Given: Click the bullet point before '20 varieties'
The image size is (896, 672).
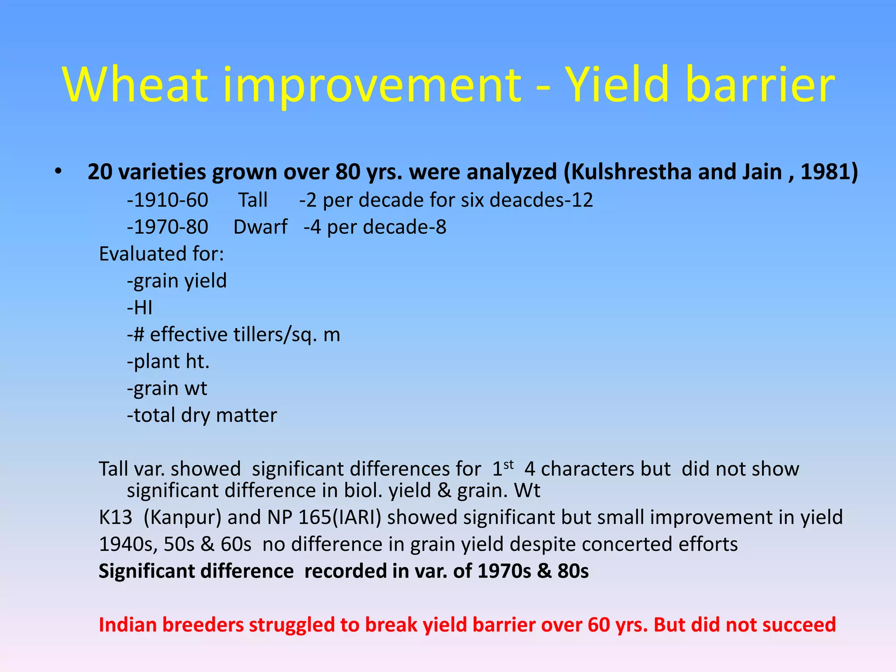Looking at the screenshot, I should (x=58, y=171).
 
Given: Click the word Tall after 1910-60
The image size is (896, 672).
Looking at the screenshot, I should (x=253, y=200).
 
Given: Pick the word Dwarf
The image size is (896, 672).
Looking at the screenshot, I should (x=260, y=227).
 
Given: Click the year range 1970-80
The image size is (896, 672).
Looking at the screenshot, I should (x=168, y=227).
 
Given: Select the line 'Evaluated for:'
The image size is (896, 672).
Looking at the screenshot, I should (x=161, y=254).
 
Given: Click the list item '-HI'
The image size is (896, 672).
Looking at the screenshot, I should (x=140, y=308).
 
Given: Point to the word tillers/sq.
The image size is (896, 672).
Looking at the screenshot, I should (x=275, y=335).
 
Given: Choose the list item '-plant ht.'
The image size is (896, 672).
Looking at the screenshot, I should (x=168, y=362).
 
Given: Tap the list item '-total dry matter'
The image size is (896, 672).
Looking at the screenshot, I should (x=202, y=415).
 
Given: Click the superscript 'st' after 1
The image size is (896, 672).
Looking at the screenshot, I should (x=508, y=464).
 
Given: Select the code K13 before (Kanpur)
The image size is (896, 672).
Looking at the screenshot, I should (x=115, y=518).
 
